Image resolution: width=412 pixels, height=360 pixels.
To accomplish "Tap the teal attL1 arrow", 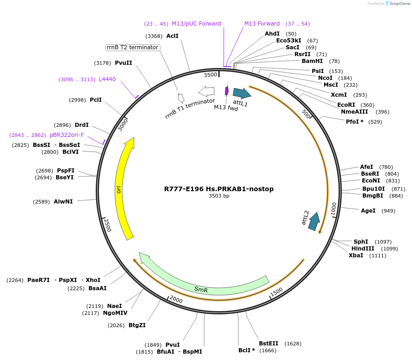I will (x=241, y=94).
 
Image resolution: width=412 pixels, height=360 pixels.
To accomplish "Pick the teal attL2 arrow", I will (x=314, y=221).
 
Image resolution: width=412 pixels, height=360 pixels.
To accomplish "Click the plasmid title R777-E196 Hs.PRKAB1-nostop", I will (x=219, y=189).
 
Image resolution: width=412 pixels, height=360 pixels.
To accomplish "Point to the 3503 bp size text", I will (x=219, y=196).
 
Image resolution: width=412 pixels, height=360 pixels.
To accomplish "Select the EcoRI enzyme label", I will (x=346, y=105).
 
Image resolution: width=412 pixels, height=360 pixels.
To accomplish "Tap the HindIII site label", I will (x=363, y=249).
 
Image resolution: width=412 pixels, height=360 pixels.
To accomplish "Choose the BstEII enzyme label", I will (x=268, y=344).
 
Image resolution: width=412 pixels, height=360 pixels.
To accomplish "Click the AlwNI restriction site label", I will (x=63, y=201).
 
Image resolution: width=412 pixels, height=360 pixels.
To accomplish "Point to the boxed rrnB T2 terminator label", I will (x=132, y=47).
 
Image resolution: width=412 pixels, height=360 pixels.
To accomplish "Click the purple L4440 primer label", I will (x=107, y=79).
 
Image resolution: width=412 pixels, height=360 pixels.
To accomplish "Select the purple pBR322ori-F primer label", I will (x=67, y=135).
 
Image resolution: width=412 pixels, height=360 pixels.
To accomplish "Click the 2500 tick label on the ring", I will (x=108, y=225).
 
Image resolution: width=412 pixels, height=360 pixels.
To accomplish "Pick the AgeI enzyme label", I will (x=368, y=211).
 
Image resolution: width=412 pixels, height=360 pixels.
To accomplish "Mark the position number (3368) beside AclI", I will (x=154, y=36).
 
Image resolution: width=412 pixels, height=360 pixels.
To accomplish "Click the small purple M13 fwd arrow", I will (x=227, y=91).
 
